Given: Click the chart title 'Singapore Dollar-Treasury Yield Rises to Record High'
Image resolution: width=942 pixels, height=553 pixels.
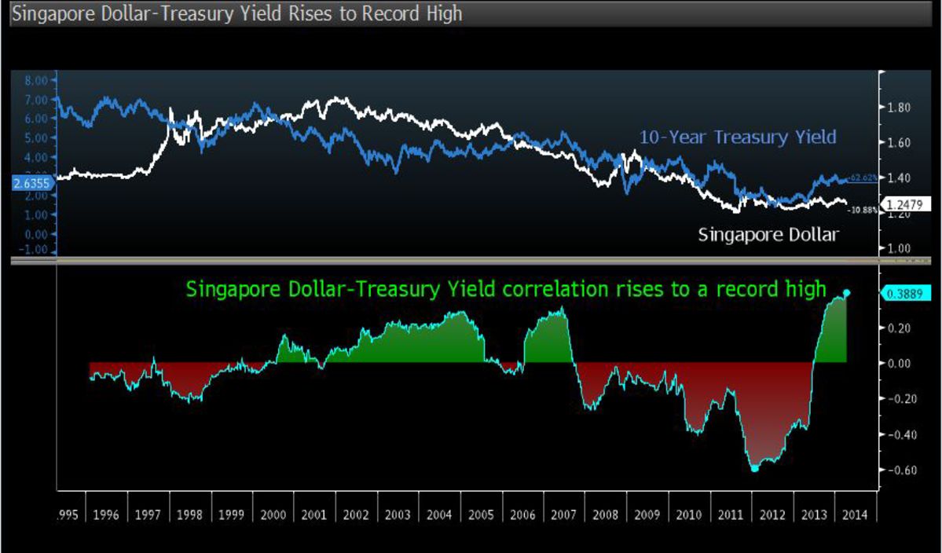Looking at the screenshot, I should pos(236,14).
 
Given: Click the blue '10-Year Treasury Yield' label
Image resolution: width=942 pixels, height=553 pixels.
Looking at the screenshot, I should pos(737,137).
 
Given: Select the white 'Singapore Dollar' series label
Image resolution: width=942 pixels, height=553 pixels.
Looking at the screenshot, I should pos(768,234).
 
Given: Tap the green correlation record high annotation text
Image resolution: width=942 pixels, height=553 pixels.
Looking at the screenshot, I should pos(506,289).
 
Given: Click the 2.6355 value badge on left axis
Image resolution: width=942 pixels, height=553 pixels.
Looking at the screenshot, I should pos(31,184).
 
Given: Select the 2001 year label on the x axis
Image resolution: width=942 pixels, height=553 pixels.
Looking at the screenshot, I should pos(315,515).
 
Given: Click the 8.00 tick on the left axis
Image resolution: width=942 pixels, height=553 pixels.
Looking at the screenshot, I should pos(35,80).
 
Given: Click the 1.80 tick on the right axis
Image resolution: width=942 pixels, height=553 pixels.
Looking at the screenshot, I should pos(898,108).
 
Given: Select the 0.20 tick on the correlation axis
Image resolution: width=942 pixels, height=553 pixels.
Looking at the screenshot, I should pos(898,328).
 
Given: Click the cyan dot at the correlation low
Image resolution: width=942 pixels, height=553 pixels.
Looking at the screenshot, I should pos(754,469).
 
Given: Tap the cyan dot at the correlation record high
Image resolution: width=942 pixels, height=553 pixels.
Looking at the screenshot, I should pos(846,293).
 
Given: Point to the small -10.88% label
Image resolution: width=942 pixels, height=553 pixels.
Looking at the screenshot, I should pos(865,211).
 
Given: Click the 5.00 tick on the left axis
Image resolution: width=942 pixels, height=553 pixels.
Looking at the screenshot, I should pos(35,137).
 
